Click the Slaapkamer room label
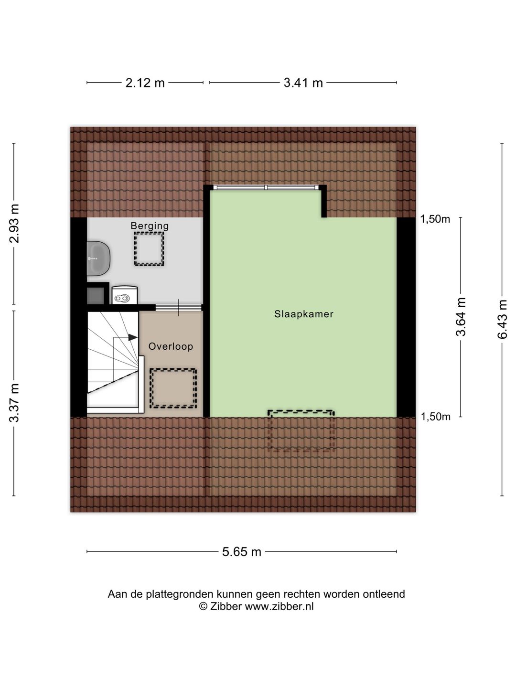303,314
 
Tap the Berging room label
150,226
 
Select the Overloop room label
171,346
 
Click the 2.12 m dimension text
145,83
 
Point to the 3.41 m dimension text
303,83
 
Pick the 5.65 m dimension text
242,552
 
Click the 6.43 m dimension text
502,319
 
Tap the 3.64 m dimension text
461,316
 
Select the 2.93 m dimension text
14,224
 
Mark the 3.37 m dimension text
14,403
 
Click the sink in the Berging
98,258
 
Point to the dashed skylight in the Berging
149,249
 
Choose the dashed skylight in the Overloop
173,388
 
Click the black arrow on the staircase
132,337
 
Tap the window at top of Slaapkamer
266,188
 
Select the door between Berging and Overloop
179,307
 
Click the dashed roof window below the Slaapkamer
301,430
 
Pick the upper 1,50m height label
435,219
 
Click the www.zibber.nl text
279,607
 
